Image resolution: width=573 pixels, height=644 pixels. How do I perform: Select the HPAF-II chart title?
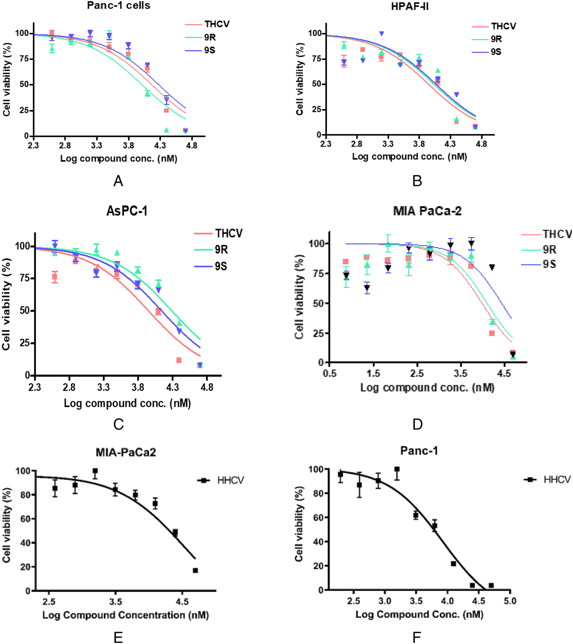[x=410, y=6]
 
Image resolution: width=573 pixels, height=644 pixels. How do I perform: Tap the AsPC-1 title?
[x=127, y=211]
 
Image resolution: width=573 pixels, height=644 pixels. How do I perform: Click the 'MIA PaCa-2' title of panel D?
[x=427, y=211]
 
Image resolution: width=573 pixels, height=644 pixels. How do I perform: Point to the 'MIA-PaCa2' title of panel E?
[x=126, y=452]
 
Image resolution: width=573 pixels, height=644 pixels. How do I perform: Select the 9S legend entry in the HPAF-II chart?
[x=486, y=52]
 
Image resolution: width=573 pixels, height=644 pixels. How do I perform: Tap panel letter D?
[x=417, y=424]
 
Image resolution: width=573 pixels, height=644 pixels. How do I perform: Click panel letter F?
[x=417, y=637]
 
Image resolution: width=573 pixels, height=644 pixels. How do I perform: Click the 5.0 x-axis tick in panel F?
[x=510, y=601]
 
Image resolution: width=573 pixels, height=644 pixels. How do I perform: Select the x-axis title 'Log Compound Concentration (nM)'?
[x=126, y=615]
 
